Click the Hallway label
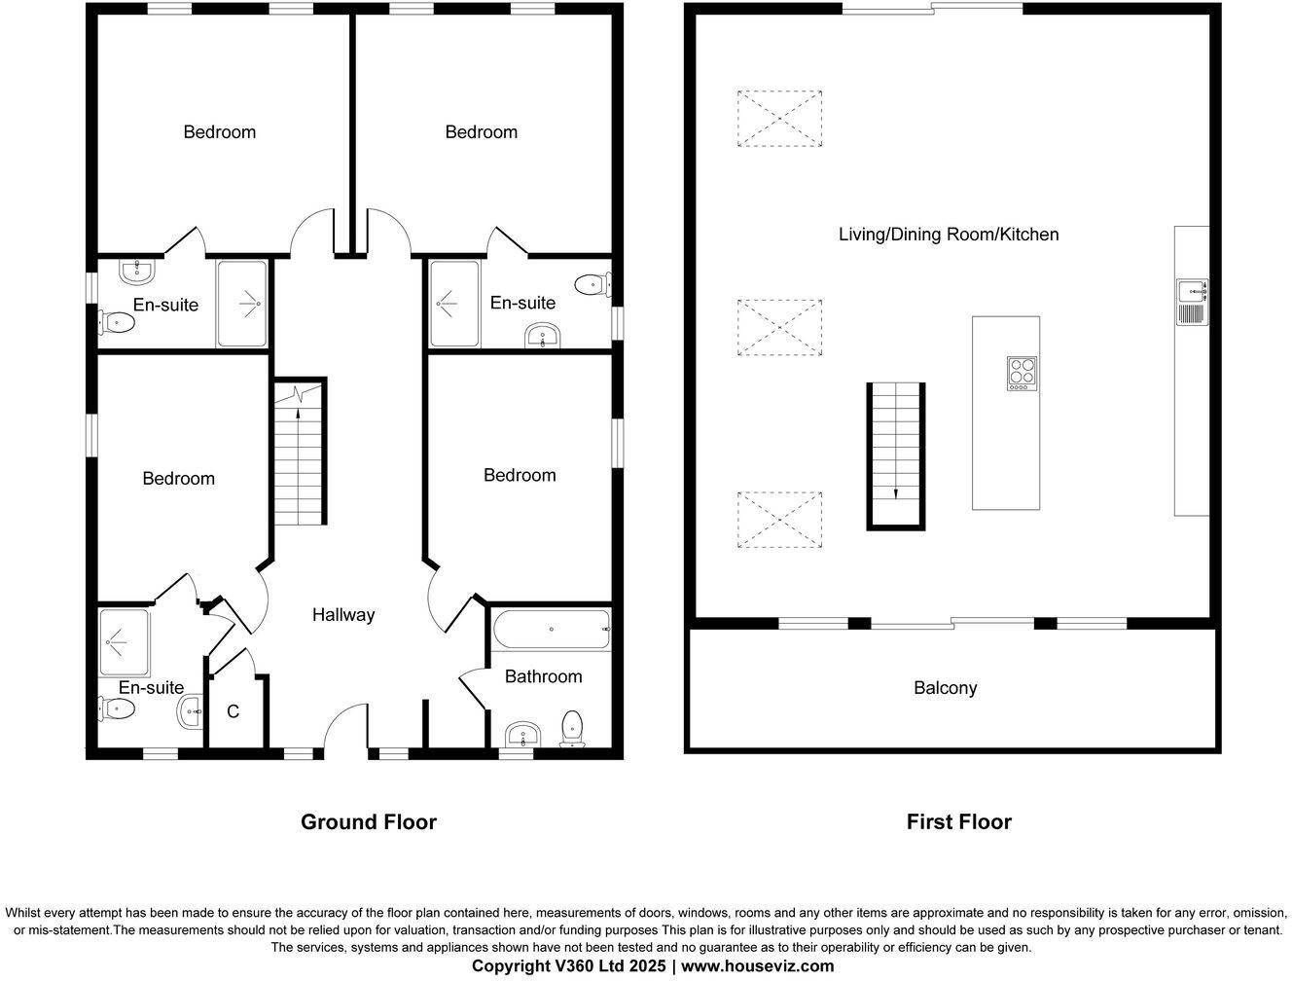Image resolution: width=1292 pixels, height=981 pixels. [343, 615]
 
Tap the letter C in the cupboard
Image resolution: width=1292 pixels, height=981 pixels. [233, 711]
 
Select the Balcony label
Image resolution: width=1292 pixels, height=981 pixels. [946, 688]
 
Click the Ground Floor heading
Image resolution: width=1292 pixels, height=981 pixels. [369, 822]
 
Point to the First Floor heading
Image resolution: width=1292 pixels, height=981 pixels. [959, 822]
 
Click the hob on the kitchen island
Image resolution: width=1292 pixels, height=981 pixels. [1022, 374]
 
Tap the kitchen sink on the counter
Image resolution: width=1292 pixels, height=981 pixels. [1193, 302]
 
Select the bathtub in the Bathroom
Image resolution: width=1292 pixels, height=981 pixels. [551, 630]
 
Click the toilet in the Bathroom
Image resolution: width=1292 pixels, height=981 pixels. [572, 728]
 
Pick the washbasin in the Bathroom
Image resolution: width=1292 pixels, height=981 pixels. [522, 734]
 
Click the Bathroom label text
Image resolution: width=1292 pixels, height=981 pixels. [543, 676]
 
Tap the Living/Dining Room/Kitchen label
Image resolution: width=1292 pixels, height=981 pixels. [949, 235]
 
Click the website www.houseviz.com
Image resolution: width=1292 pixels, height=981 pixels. [758, 966]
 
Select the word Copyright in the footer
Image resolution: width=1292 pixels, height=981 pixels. [512, 966]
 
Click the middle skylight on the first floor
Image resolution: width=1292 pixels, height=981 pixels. [779, 327]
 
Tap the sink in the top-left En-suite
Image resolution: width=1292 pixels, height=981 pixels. [138, 272]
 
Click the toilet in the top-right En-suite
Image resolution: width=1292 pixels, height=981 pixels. [592, 285]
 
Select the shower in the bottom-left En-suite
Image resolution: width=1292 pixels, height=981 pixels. [125, 642]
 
